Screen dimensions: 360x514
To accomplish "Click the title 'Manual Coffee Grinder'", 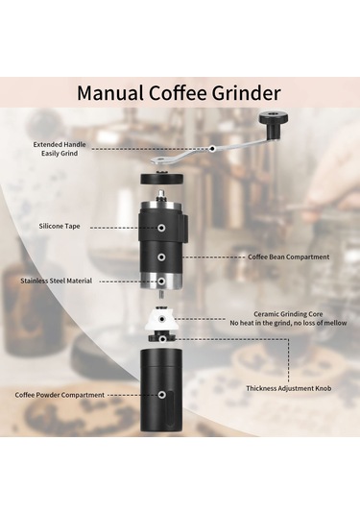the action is click(179, 93).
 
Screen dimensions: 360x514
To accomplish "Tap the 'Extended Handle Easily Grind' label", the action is click(60, 149).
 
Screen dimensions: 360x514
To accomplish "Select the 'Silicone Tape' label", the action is click(60, 226).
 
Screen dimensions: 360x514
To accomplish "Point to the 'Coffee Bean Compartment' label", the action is click(289, 257).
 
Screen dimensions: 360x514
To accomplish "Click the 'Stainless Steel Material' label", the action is click(57, 281).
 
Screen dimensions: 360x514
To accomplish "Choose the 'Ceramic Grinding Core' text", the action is click(288, 314).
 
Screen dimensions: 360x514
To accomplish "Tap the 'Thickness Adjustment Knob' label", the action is click(289, 388).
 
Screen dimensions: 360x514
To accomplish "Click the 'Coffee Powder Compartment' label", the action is click(60, 395).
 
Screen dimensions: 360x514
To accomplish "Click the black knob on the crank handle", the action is click(274, 126).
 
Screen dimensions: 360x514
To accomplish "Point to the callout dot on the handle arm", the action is click(212, 149).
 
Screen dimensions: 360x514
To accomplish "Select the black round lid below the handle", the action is click(162, 178).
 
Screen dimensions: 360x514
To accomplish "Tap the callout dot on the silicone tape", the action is click(161, 228).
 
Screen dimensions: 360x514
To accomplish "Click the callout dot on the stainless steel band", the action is click(161, 281).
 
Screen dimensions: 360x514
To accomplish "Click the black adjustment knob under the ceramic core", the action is click(162, 337).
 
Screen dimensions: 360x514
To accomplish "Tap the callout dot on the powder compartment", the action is click(161, 395).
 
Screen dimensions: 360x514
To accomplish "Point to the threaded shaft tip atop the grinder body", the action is click(161, 194).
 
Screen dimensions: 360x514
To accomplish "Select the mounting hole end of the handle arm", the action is click(160, 160).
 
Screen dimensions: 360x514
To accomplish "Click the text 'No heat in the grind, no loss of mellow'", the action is click(288, 323).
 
